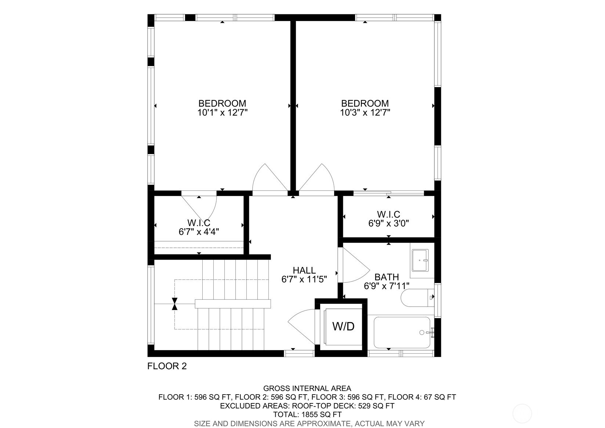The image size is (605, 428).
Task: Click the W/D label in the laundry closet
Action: pos(343,326)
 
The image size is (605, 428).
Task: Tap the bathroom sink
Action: pos(420,260)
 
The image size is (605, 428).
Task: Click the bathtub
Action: pos(402,332)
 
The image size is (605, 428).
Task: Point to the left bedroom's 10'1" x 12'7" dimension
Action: pos(222,113)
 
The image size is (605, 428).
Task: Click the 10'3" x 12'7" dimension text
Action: pos(365,113)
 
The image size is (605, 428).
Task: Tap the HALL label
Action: pos(304,271)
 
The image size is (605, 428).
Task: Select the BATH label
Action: pos(387,277)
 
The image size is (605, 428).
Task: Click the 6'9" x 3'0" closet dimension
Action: pos(388,223)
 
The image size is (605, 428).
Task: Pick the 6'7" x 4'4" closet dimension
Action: pos(199,232)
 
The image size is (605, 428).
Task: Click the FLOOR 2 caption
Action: pos(167,366)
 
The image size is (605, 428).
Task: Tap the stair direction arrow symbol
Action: pos(175,304)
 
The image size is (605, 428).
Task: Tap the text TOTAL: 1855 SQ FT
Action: pos(307,415)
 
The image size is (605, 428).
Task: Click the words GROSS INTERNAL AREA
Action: pos(307,388)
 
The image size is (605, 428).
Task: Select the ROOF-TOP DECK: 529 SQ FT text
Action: pos(343,406)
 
